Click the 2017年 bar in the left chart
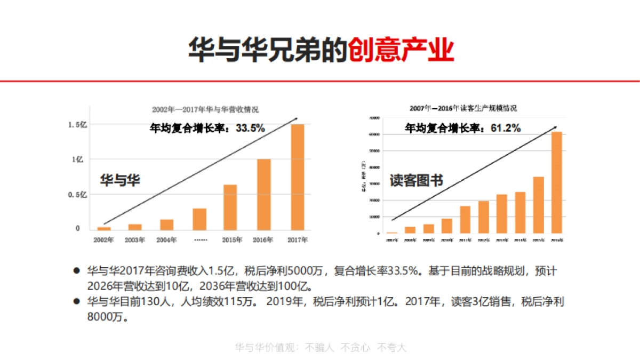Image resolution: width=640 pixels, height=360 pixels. pyautogui.click(x=297, y=177)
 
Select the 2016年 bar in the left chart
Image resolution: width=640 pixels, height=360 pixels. pyautogui.click(x=264, y=194)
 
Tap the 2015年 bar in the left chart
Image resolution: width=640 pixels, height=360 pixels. pyautogui.click(x=230, y=207)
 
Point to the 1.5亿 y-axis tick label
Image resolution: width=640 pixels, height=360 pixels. pyautogui.click(x=77, y=124)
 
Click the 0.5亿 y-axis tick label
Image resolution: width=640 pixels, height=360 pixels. pyautogui.click(x=77, y=195)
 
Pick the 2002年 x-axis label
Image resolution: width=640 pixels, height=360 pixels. pyautogui.click(x=103, y=240)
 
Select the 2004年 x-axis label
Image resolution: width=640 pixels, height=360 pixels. pyautogui.click(x=166, y=240)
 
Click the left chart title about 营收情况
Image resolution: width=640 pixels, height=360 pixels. pyautogui.click(x=205, y=109)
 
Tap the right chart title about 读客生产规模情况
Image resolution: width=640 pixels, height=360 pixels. pyautogui.click(x=463, y=108)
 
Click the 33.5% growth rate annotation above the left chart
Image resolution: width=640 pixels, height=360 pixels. pyautogui.click(x=207, y=128)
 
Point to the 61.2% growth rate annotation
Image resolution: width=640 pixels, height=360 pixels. pyautogui.click(x=462, y=128)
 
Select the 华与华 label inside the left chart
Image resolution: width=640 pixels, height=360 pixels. pyautogui.click(x=120, y=180)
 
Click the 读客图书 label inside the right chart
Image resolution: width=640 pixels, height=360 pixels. pyautogui.click(x=416, y=180)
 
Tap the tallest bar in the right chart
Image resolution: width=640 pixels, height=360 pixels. pyautogui.click(x=556, y=182)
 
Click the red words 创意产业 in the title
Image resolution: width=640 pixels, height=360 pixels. pyautogui.click(x=401, y=51)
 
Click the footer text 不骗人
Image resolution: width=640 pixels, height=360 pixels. pyautogui.click(x=319, y=348)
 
